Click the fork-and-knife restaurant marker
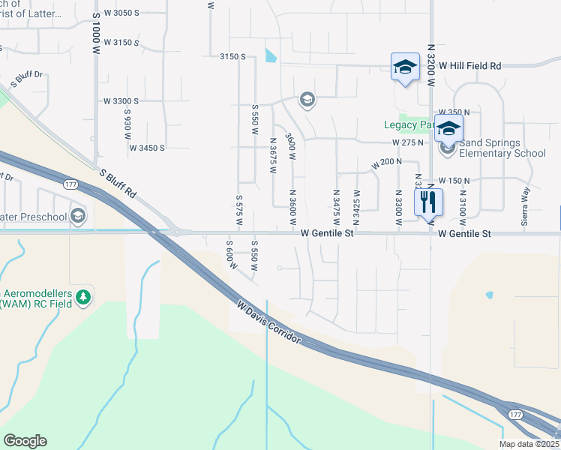428,201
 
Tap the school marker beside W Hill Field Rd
405,67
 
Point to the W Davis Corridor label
268,323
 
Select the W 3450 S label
146,148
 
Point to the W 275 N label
407,142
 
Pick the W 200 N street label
387,162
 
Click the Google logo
25,441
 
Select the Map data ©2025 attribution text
529,444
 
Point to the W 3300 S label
121,101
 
